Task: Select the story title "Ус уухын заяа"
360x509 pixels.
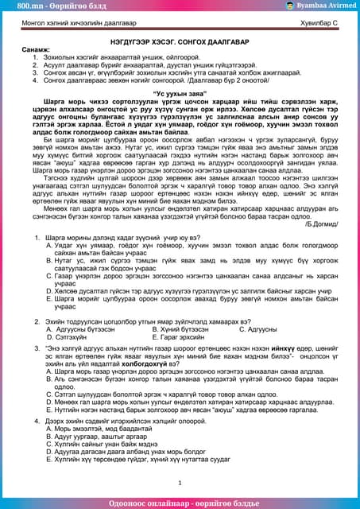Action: [x=180, y=92]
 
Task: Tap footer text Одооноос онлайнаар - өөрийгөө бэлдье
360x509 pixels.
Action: [x=180, y=502]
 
